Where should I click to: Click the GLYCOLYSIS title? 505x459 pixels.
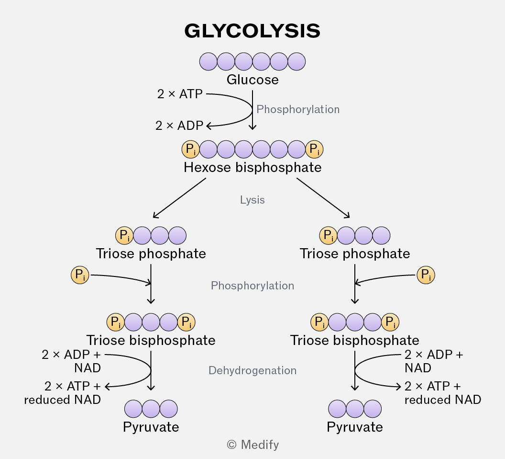pyautogui.click(x=252, y=31)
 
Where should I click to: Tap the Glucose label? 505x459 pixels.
pyautogui.click(x=252, y=80)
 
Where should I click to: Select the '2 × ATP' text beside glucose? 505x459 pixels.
pyautogui.click(x=180, y=94)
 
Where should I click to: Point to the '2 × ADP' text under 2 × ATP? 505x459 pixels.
pyautogui.click(x=179, y=126)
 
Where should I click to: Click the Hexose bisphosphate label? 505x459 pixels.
pyautogui.click(x=252, y=168)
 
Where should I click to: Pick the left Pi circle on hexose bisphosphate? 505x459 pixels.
pyautogui.click(x=191, y=149)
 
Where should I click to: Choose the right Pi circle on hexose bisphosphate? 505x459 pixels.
pyautogui.click(x=314, y=149)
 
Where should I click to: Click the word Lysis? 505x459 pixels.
pyautogui.click(x=252, y=200)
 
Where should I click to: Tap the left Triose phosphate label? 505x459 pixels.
pyautogui.click(x=151, y=254)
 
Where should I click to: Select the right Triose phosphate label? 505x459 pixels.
pyautogui.click(x=354, y=254)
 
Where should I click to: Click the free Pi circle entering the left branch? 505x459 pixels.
pyautogui.click(x=80, y=275)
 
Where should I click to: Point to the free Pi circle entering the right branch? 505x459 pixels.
pyautogui.click(x=426, y=275)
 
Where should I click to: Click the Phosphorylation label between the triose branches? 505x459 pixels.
pyautogui.click(x=252, y=286)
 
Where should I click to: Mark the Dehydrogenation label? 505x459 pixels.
pyautogui.click(x=252, y=370)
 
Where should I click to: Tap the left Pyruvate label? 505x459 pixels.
pyautogui.click(x=151, y=427)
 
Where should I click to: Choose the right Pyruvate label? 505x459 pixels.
pyautogui.click(x=354, y=427)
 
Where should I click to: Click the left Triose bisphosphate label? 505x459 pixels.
pyautogui.click(x=151, y=341)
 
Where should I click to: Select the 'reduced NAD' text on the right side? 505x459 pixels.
pyautogui.click(x=442, y=400)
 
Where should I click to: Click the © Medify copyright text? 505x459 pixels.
pyautogui.click(x=253, y=445)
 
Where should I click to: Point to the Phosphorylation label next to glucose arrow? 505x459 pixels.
pyautogui.click(x=298, y=109)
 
